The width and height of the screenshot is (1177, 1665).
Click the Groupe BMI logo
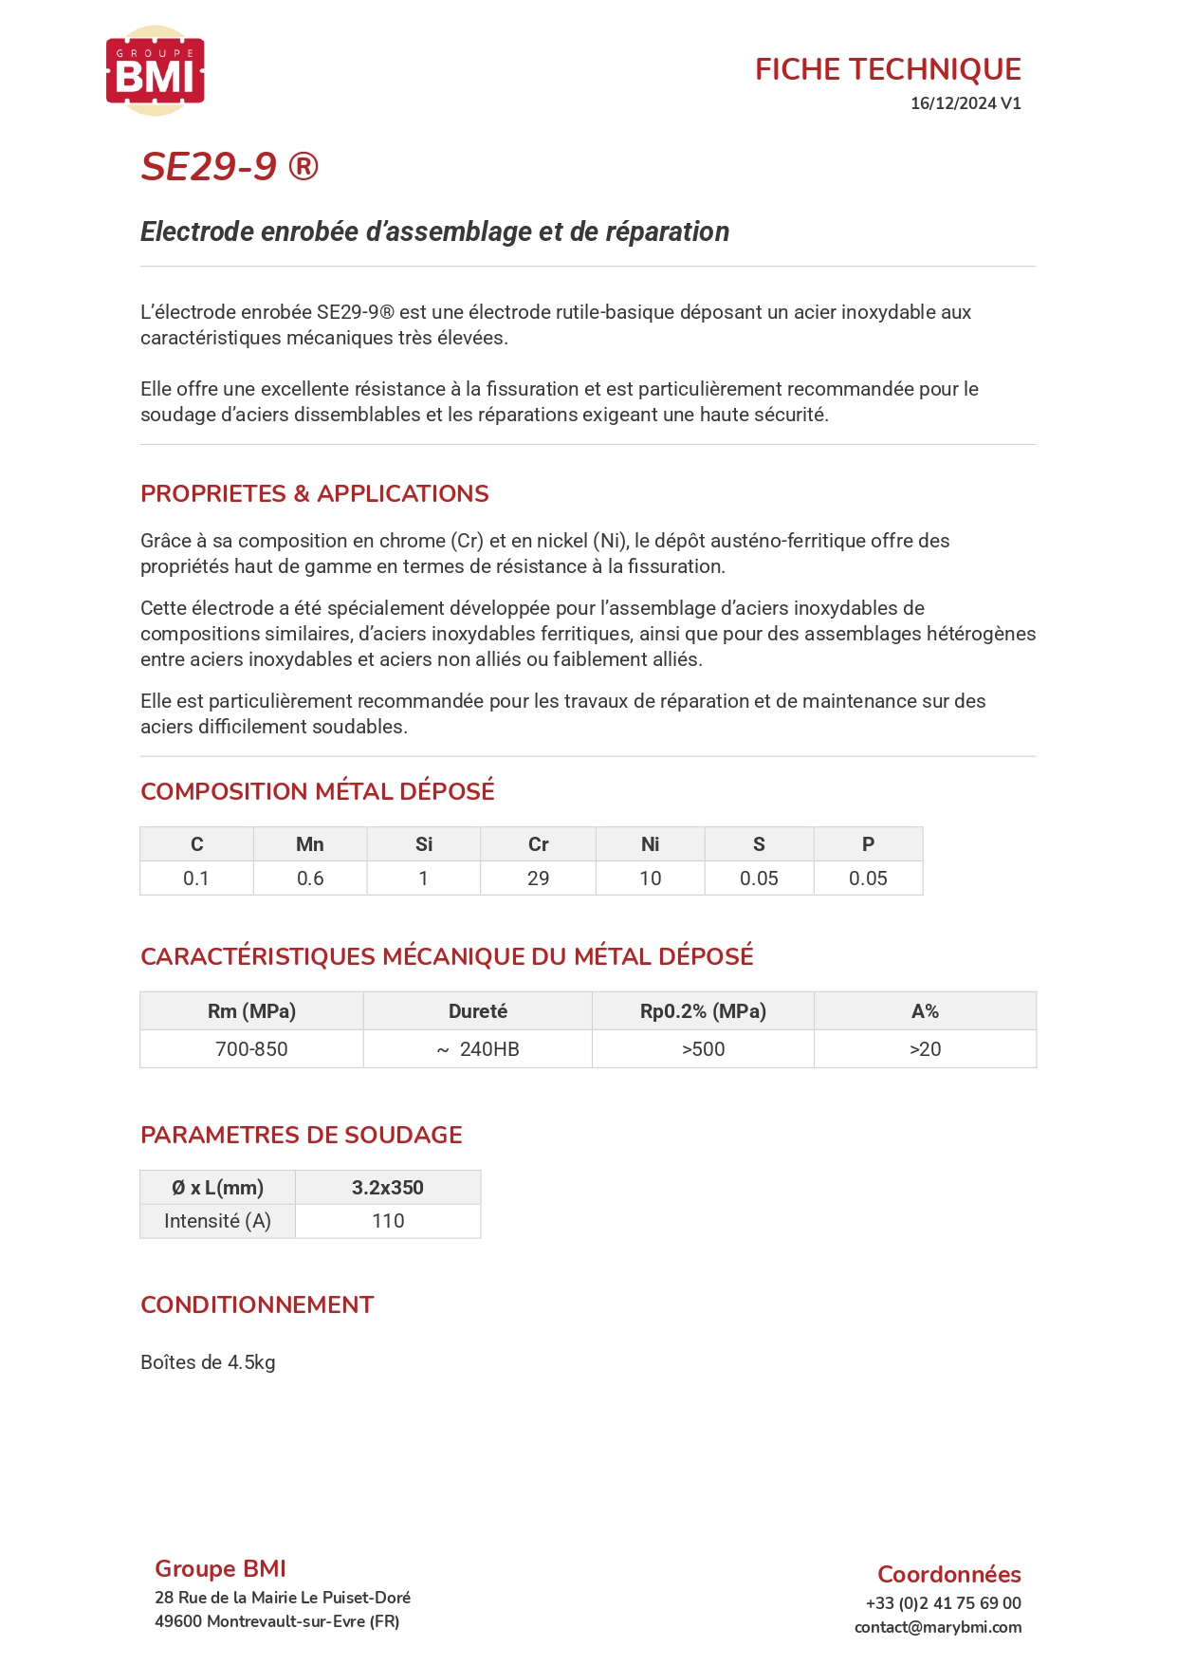pyautogui.click(x=155, y=71)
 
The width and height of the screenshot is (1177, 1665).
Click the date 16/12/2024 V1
pyautogui.click(x=965, y=103)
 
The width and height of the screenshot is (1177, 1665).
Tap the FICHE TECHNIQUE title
pyautogui.click(x=887, y=69)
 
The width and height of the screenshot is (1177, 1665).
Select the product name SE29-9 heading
pyautogui.click(x=230, y=167)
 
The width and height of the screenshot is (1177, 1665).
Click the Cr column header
pyautogui.click(x=538, y=844)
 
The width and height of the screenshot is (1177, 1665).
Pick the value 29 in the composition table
pyautogui.click(x=538, y=879)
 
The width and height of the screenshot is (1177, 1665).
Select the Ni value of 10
pyautogui.click(x=650, y=879)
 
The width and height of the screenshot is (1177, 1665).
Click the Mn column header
pyautogui.click(x=309, y=844)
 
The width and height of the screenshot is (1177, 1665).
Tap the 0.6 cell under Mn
pyautogui.click(x=309, y=879)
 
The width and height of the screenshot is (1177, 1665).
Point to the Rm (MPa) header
pyautogui.click(x=251, y=1011)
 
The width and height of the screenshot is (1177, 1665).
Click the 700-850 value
pyautogui.click(x=251, y=1049)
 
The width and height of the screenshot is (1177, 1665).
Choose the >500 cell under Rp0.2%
pyautogui.click(x=703, y=1049)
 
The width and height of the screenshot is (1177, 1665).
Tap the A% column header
pyautogui.click(x=925, y=1011)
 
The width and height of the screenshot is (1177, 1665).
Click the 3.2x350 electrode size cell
pyautogui.click(x=387, y=1188)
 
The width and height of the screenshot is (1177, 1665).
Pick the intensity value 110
pyautogui.click(x=387, y=1221)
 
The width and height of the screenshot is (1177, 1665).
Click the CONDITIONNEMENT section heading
pyautogui.click(x=257, y=1305)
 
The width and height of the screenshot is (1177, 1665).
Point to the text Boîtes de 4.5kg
pyautogui.click(x=208, y=1362)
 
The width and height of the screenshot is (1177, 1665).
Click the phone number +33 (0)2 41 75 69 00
pyautogui.click(x=943, y=1603)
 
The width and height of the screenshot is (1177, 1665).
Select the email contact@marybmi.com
pyautogui.click(x=937, y=1627)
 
